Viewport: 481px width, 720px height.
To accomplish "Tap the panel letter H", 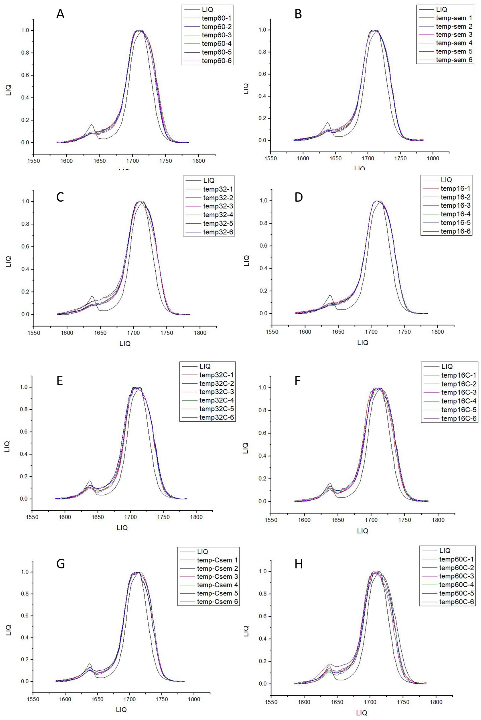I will click(x=298, y=564).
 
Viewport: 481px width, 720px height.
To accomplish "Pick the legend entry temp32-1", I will click(x=218, y=189).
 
